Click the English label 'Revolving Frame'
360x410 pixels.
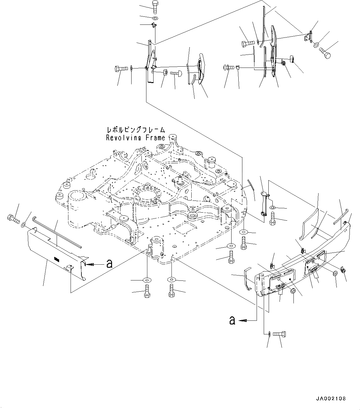point(135,138)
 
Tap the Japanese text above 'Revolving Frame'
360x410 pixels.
point(135,130)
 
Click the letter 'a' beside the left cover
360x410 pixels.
point(109,264)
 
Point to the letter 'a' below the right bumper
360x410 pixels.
point(232,320)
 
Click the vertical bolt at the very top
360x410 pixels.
point(155,7)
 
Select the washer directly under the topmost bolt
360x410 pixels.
point(155,18)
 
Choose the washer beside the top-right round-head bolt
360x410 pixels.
point(316,45)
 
